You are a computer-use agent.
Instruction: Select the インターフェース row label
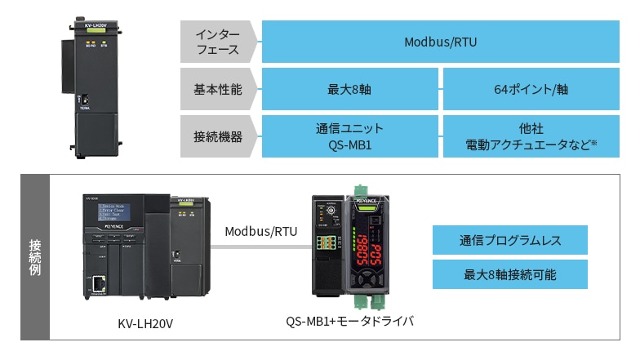218,42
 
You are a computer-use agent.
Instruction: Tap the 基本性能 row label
218,90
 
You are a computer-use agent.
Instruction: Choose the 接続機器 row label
218,136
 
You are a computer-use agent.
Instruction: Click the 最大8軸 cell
349,90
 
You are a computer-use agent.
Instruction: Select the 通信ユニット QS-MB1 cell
349,136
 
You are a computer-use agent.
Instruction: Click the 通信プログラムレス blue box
509,241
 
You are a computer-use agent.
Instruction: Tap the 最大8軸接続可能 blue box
509,275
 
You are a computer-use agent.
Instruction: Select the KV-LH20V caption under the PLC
145,324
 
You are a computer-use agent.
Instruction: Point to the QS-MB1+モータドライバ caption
349,322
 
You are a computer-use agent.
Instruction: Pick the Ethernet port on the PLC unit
98,285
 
